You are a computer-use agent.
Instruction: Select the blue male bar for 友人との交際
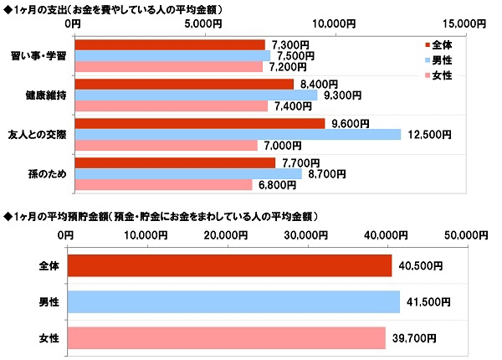click(x=237, y=134)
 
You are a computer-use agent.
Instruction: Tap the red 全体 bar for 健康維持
click(x=183, y=84)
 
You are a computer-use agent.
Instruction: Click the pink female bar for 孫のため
click(x=162, y=184)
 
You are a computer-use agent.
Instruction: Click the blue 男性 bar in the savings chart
click(x=233, y=301)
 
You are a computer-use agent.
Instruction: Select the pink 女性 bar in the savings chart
click(x=225, y=337)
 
